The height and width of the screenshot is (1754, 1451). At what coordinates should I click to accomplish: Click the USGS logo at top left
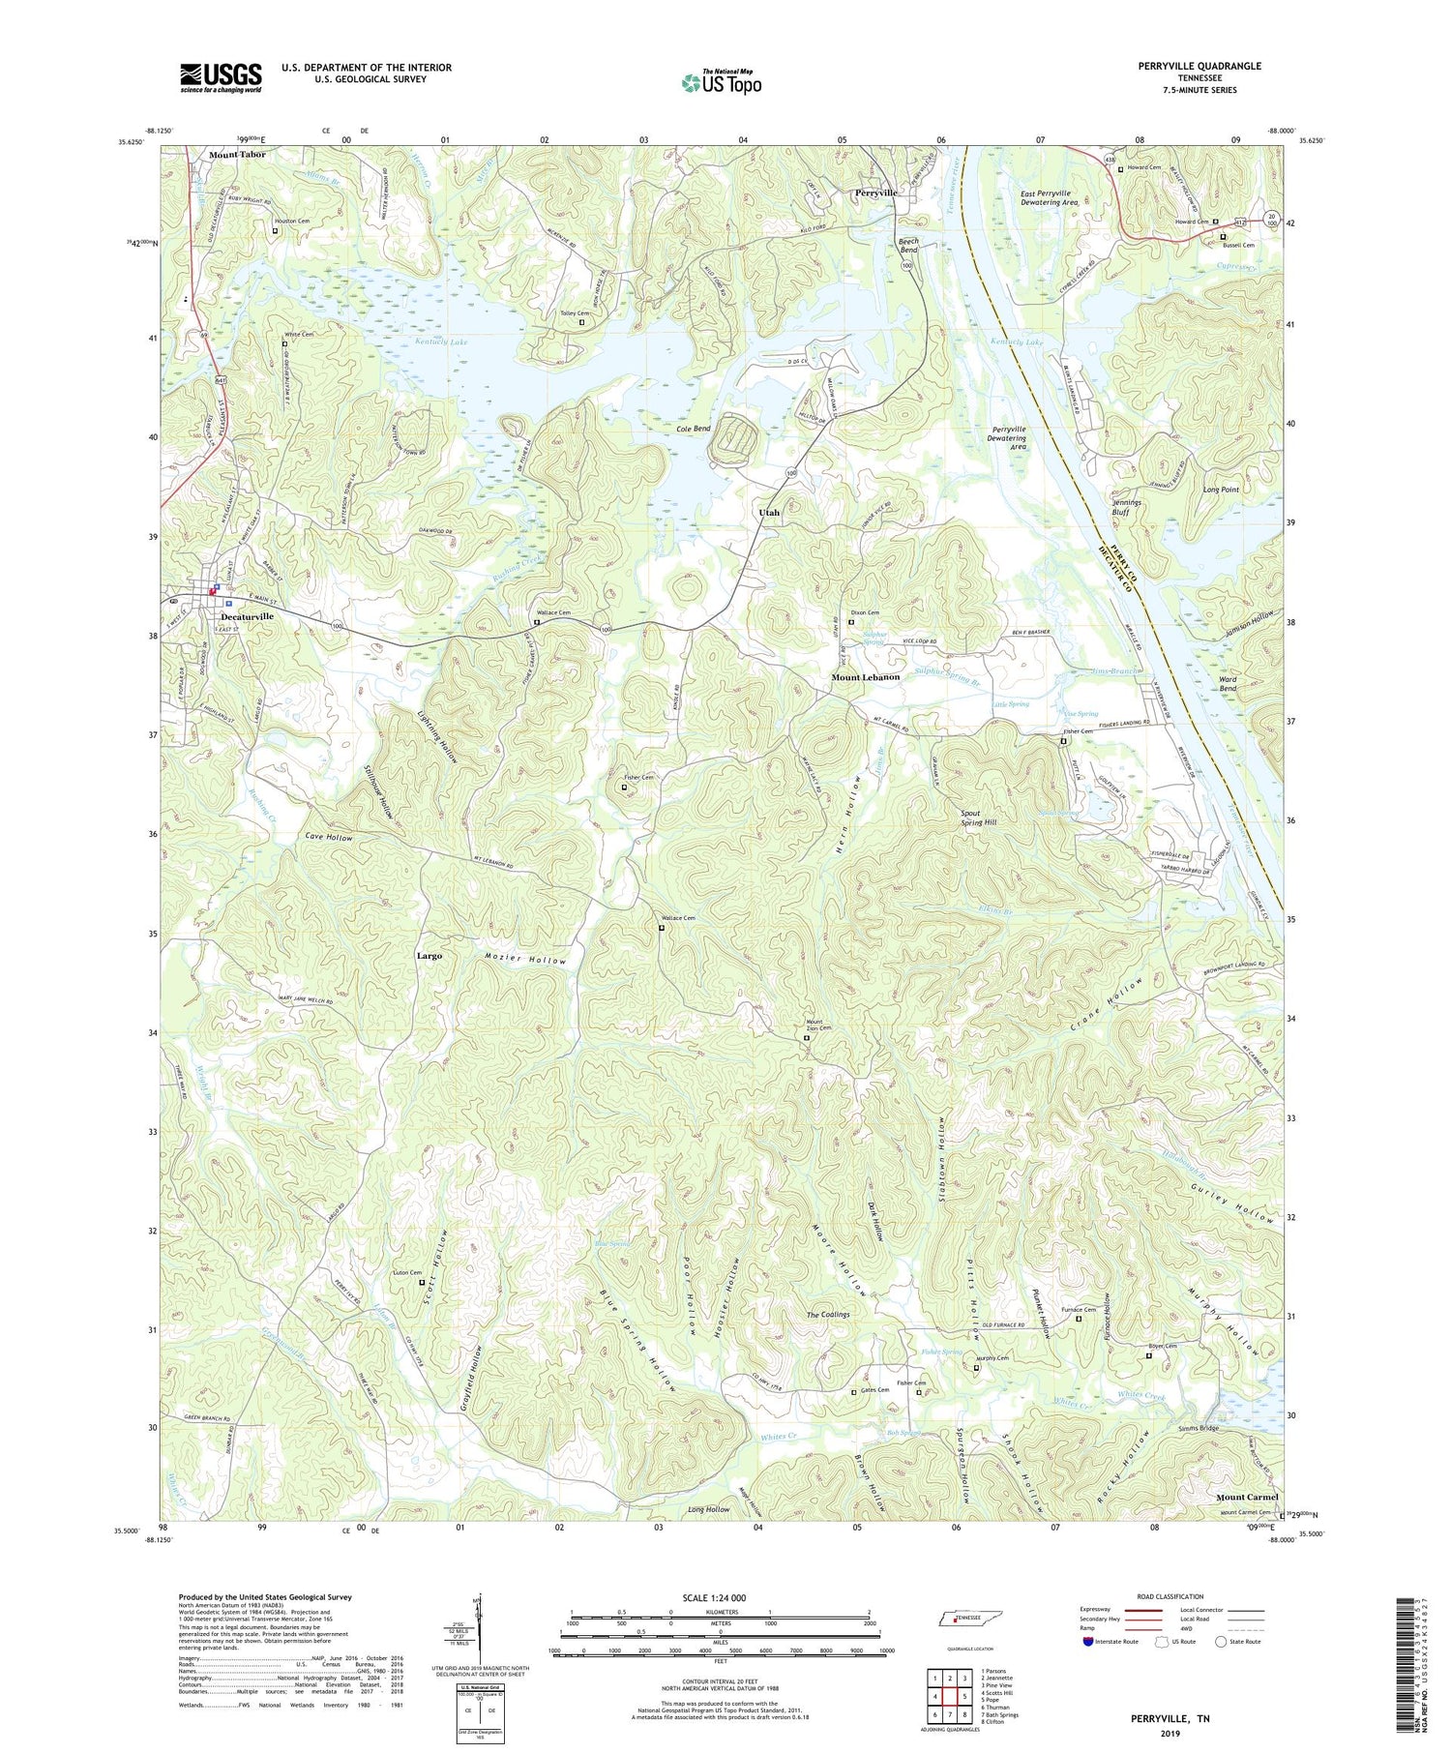(221, 77)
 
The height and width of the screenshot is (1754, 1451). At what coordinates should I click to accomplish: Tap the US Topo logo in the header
(721, 82)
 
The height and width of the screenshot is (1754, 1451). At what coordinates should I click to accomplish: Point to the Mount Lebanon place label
(865, 677)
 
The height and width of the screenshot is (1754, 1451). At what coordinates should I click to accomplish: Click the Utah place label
(767, 513)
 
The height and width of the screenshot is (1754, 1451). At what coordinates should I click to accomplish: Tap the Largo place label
(429, 956)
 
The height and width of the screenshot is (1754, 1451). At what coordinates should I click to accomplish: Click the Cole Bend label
(693, 428)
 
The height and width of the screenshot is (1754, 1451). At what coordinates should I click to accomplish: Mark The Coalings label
(828, 1315)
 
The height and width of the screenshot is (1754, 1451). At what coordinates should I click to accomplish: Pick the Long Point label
(1221, 490)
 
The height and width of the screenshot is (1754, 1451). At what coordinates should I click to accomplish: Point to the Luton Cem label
(407, 1272)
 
